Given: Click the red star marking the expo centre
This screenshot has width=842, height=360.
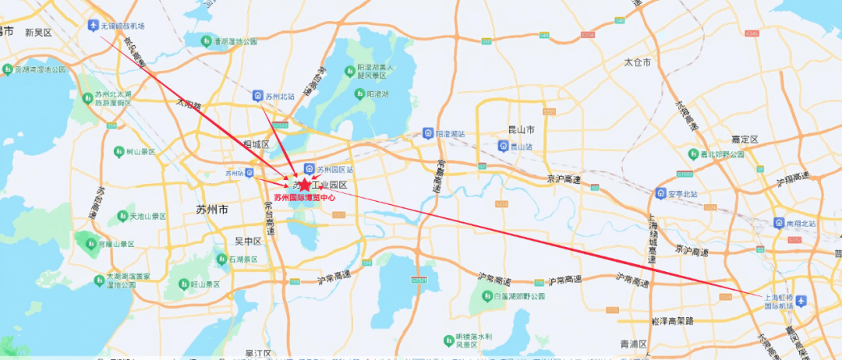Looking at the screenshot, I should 304,185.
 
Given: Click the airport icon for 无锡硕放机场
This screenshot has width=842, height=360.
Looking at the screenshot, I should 95,26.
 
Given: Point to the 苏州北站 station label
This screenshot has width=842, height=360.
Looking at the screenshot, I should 279,96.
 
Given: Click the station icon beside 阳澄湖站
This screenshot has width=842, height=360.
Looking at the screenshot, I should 427,133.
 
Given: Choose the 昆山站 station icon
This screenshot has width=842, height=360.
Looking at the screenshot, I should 503,146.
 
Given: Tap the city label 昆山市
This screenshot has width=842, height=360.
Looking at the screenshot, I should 519,129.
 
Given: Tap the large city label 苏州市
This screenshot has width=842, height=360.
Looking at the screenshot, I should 212,210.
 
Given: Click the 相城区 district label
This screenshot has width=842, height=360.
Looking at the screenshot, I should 256,145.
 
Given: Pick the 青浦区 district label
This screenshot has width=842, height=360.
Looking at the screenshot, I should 634,343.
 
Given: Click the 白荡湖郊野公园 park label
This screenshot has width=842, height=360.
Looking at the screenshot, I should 518,297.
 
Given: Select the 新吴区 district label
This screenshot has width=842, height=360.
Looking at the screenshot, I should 37,33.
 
